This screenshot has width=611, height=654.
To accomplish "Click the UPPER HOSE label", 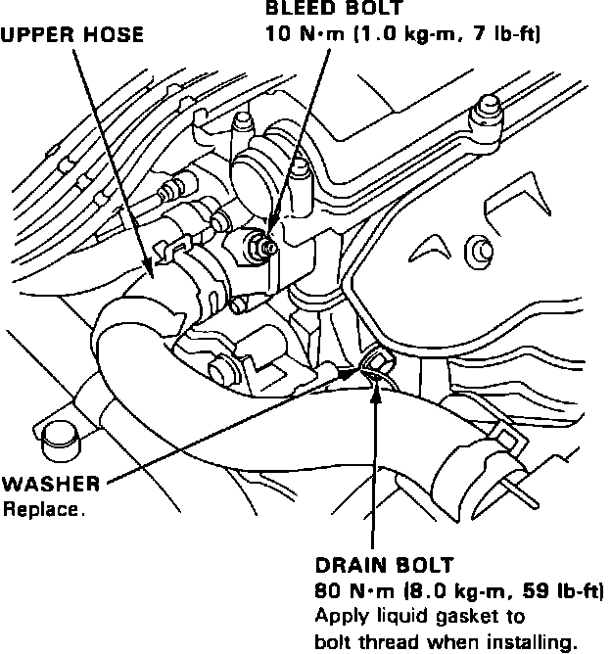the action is point(72,34).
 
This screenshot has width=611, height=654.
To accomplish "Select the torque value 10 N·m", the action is point(303,34).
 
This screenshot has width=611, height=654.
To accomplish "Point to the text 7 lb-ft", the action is point(508,34).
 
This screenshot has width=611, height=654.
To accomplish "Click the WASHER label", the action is point(50,484).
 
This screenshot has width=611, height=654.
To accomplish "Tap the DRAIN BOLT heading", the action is point(384,566).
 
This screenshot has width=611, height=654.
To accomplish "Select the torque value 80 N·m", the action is point(353,592).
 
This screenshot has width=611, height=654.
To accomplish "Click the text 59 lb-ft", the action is point(563,592).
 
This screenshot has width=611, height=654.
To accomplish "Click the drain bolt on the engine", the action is point(375,367).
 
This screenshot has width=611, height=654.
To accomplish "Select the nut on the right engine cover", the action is point(480,249).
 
